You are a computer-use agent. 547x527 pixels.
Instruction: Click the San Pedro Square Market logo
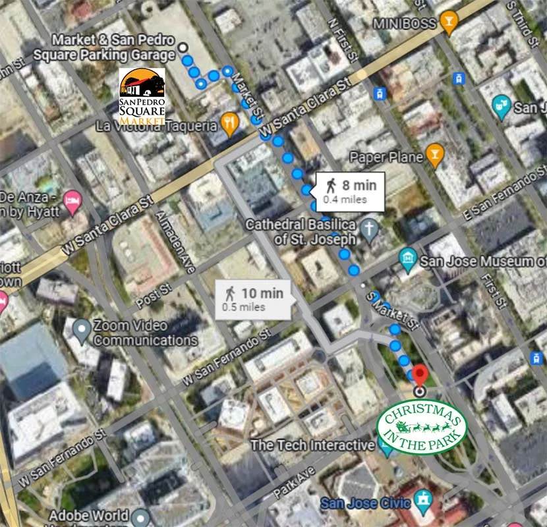pos(142,96)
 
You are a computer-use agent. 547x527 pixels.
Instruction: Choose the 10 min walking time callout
pos(254,298)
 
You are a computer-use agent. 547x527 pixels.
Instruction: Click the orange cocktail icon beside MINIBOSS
pos(449,22)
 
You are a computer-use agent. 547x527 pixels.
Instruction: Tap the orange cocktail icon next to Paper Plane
pos(434,155)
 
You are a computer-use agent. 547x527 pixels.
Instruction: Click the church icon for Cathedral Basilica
pos(370,229)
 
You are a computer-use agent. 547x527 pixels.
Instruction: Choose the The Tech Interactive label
pos(312,445)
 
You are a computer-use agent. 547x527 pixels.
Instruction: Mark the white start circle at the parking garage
pos(182,47)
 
